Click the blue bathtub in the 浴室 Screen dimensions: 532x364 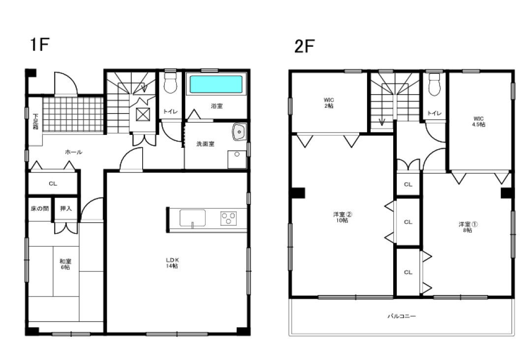point(216,84)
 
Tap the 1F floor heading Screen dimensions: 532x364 point(40,44)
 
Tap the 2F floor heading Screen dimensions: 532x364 point(304,46)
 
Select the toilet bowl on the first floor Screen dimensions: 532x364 point(170,83)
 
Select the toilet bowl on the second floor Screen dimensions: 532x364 point(435,85)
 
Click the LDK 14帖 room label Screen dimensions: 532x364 point(172,263)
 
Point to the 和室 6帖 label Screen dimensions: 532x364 point(65,264)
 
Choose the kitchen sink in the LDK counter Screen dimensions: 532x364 point(192,218)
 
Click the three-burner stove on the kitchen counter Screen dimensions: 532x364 point(229,218)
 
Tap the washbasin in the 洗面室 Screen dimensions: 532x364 point(240,132)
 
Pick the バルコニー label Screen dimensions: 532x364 point(402,316)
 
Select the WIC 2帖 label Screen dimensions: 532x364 point(329,103)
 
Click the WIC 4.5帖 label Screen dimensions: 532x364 point(478,122)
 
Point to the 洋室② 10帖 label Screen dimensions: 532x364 point(343,217)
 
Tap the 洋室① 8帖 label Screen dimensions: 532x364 point(468,227)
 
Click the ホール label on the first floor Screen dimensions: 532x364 point(74,152)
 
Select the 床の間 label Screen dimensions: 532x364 point(40,208)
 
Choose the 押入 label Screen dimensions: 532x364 point(66,208)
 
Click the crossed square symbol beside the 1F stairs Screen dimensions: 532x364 point(143,114)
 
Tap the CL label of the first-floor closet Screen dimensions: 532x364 point(53,184)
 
